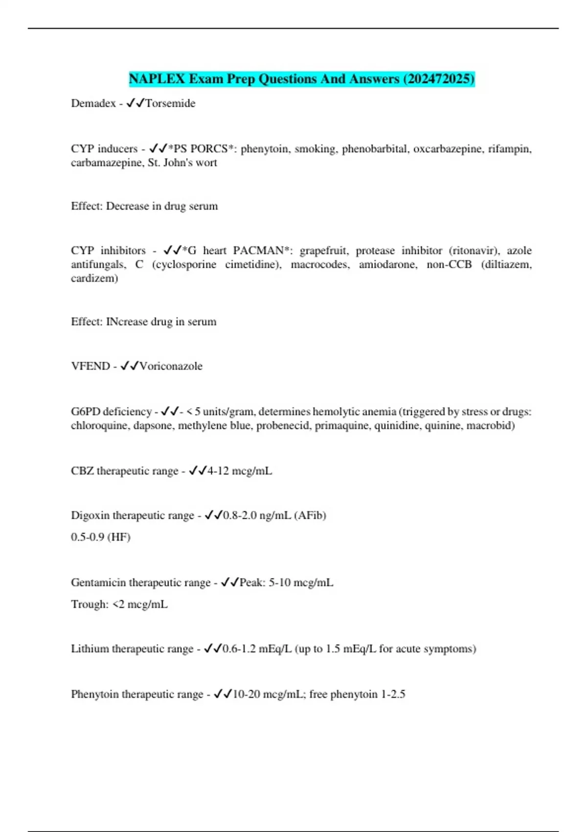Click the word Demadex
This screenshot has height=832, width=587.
[93, 103]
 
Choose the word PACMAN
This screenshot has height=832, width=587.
[258, 251]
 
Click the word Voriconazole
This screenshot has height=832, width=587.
[171, 366]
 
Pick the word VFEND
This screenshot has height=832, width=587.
[90, 366]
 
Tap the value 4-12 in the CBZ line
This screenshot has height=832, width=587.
[218, 471]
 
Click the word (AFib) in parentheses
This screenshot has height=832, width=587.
[310, 515]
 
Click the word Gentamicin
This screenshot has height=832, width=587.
[98, 582]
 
